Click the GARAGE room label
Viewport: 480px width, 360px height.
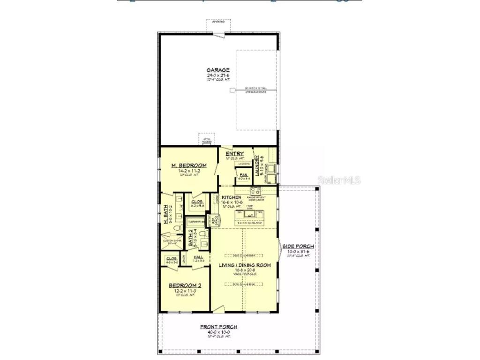coord(218,70)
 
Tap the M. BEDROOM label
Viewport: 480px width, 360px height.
coord(189,165)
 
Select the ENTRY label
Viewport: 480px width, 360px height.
coord(234,154)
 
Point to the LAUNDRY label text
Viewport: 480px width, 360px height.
coord(257,166)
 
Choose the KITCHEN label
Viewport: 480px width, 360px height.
coord(232,197)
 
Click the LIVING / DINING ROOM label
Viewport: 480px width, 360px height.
coord(245,265)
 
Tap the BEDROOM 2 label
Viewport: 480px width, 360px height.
coord(185,285)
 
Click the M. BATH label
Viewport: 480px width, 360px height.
coord(166,215)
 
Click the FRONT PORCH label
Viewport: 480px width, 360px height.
coord(218,327)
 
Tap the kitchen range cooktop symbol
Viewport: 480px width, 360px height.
coord(255,190)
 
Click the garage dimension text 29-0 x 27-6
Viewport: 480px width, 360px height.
coord(218,75)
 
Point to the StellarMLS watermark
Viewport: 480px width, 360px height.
coord(339,180)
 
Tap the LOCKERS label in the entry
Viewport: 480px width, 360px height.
coord(244,164)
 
